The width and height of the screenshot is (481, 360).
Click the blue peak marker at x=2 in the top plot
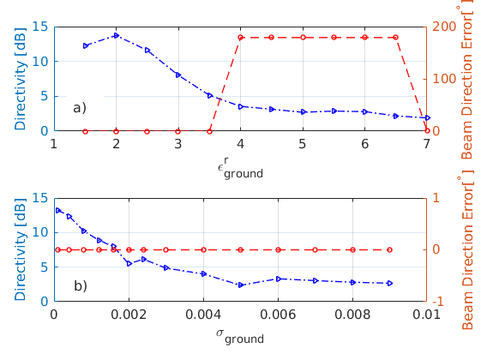pos(116,35)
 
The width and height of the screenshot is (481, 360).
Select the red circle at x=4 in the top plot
pos(240,38)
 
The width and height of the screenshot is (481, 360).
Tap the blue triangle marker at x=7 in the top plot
pos(426,117)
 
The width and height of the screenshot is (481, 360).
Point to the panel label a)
pos(79,108)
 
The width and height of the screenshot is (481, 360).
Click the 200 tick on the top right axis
pos(442,27)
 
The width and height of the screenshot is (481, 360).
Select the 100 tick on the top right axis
pos(442,79)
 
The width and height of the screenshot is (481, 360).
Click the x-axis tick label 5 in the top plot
pos(303,143)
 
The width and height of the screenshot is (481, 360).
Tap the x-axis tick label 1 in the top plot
pos(54,143)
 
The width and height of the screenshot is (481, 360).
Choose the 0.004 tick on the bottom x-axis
pos(202,314)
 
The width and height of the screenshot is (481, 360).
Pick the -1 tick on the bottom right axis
pos(438,302)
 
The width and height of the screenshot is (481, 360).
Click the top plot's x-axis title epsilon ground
pos(240,168)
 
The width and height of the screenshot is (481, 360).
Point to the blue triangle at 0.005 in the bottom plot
pos(241,285)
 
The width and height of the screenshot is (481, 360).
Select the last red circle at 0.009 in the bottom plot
pos(389,249)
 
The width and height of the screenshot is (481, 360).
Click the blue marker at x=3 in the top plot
pos(178,75)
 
